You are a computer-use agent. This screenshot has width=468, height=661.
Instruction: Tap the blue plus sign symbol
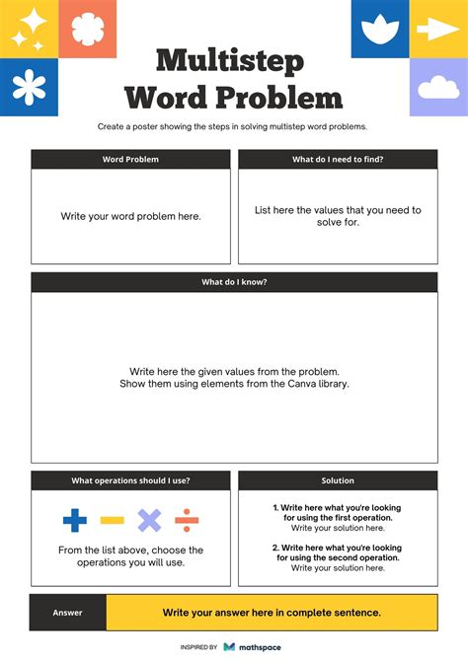[75, 520]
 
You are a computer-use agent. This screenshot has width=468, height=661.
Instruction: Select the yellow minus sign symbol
[113, 520]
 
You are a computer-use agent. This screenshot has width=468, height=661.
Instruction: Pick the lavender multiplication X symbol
[149, 520]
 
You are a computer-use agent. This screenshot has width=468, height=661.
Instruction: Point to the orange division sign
[187, 520]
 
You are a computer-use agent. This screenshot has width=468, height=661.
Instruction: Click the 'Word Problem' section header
[130, 159]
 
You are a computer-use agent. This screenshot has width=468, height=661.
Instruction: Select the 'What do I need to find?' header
[338, 159]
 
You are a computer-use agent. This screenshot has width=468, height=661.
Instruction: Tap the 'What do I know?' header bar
[234, 282]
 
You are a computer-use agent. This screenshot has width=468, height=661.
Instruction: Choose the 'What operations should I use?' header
[130, 480]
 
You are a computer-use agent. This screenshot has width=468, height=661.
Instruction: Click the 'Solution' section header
[338, 480]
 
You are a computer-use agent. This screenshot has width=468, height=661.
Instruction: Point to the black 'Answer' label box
[68, 613]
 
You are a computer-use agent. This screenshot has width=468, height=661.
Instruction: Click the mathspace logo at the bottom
[254, 647]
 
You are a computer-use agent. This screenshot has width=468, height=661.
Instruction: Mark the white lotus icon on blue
[379, 30]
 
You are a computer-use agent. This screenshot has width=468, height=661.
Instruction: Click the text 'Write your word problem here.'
[130, 216]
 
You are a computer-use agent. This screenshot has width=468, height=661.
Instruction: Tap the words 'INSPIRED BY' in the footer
[198, 647]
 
